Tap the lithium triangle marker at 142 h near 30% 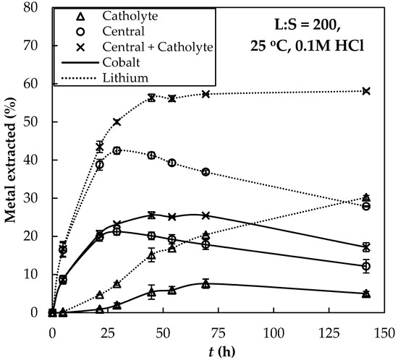(x=366, y=197)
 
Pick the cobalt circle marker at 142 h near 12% (x=366, y=266)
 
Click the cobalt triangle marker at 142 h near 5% (x=366, y=293)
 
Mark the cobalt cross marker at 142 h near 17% (x=366, y=247)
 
